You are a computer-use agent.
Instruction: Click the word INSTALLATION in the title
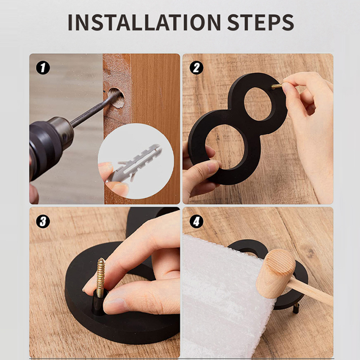[144, 22]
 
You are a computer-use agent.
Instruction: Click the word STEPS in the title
[260, 22]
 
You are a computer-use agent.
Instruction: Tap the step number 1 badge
[43, 68]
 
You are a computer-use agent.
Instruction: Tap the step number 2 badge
[196, 68]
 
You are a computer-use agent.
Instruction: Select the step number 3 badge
[43, 222]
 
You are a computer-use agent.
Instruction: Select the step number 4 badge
[196, 222]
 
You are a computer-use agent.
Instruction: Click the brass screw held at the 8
[277, 86]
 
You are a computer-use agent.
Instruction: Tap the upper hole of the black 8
[258, 104]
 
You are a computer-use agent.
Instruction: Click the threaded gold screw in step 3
[101, 277]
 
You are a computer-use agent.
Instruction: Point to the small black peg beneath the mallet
[296, 308]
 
